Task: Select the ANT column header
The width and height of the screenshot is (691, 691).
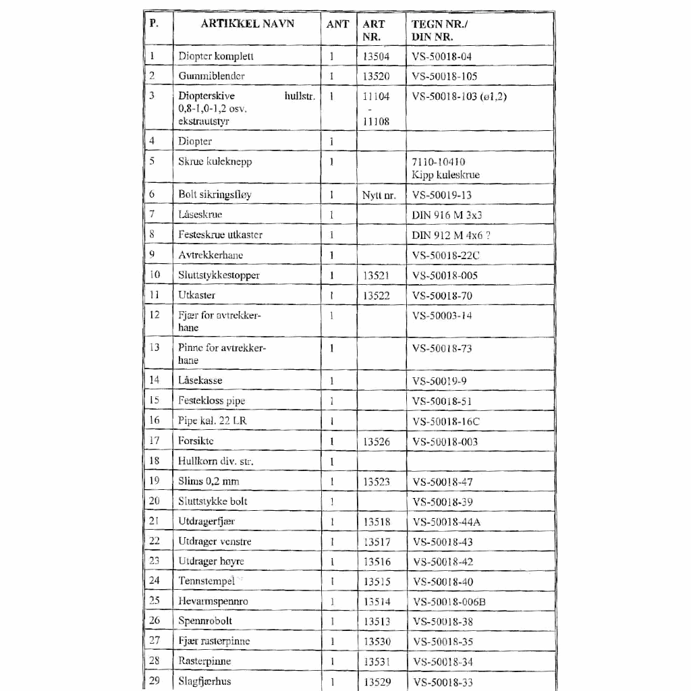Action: click(x=337, y=24)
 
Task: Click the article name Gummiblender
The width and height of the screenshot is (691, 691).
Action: click(x=211, y=76)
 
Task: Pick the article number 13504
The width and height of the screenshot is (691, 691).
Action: click(x=376, y=57)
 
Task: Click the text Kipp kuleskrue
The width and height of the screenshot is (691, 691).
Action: click(x=445, y=175)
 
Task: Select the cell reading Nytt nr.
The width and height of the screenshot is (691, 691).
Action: click(x=379, y=195)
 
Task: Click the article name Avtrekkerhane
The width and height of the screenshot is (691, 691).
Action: click(x=211, y=255)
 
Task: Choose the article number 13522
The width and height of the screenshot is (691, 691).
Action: click(x=376, y=295)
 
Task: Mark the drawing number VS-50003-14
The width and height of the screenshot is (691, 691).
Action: click(x=442, y=315)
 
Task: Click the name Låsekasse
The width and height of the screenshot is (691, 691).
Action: click(x=200, y=381)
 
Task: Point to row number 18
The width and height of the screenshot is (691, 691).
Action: click(x=155, y=461)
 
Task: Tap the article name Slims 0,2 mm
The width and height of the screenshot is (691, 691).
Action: click(x=209, y=481)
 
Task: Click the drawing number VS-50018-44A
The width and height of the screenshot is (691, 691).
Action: click(x=446, y=522)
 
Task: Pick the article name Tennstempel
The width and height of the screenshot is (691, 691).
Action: click(x=206, y=581)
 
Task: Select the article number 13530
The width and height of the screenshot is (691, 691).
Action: click(x=377, y=641)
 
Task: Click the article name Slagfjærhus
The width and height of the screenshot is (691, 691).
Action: click(x=204, y=681)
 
